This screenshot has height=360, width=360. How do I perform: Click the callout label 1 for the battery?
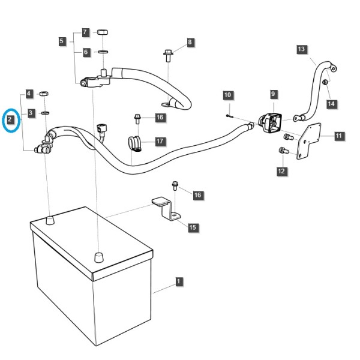179,282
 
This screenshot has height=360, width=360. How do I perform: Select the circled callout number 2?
10,119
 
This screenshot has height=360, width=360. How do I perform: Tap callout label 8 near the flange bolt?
190,43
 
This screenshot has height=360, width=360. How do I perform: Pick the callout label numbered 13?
302,49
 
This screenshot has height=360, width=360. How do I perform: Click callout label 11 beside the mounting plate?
339,136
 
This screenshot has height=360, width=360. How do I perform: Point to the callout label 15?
193,227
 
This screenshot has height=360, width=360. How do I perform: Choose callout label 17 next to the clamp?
160,141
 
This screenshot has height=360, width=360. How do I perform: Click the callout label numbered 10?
228,95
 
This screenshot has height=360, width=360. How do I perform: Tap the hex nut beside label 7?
103,32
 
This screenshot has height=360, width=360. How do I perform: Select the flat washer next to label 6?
103,52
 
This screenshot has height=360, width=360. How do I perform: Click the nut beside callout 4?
44,94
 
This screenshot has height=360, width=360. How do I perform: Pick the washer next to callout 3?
45,113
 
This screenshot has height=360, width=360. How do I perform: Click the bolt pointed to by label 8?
168,55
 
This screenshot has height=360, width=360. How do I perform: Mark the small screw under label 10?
229,116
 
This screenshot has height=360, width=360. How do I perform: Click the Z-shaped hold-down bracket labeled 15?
166,209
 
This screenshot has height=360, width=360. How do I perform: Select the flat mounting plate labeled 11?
308,141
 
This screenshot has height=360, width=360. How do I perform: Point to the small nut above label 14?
325,82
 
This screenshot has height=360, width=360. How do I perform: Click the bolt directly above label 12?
284,151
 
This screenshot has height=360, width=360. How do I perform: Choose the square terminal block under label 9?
270,122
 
